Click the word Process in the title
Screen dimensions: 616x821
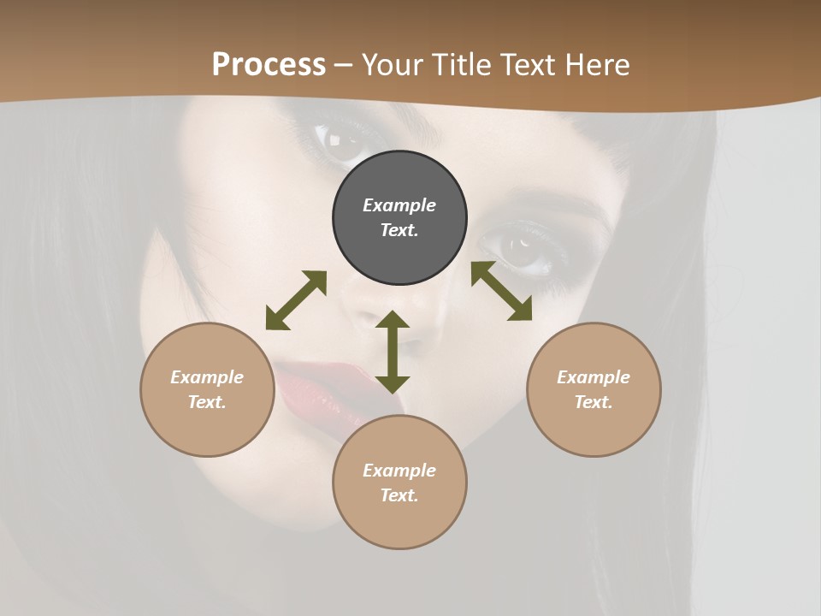pyautogui.click(x=269, y=65)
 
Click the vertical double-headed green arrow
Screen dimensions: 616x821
pyautogui.click(x=393, y=352)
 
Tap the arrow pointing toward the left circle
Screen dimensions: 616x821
pyautogui.click(x=296, y=300)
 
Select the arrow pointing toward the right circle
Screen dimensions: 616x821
pyautogui.click(x=501, y=291)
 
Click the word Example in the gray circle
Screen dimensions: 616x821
pyautogui.click(x=399, y=205)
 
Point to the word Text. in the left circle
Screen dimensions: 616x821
pyautogui.click(x=207, y=402)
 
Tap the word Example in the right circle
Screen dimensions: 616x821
pyautogui.click(x=594, y=377)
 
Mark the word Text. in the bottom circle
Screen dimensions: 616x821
pyautogui.click(x=399, y=495)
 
